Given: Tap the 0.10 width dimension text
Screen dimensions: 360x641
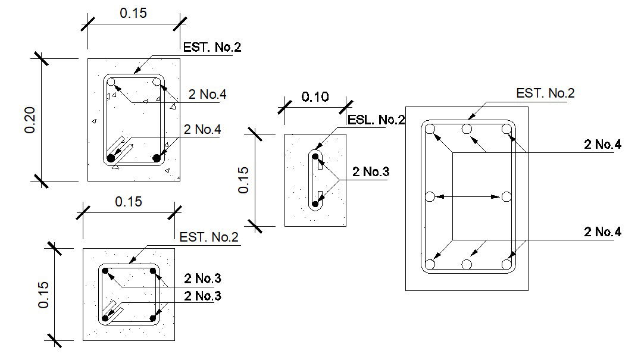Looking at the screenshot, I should pos(315,97).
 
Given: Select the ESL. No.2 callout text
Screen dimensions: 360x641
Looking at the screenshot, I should pos(376,120).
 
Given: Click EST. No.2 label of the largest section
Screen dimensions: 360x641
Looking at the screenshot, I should pos(545,93).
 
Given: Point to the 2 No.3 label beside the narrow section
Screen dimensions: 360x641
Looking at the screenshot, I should pos(370,172).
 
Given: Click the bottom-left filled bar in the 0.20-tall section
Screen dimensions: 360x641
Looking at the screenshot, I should pos(111,158).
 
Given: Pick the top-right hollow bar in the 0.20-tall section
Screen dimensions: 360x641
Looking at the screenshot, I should pos(157,82).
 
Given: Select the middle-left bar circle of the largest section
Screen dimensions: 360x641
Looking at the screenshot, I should pos(430,196).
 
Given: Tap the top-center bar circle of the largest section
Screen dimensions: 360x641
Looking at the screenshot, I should pos(467,129).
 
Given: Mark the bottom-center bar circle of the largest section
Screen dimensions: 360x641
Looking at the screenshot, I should pos(467,264).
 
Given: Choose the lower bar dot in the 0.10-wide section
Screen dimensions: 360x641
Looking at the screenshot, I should pos(315,204).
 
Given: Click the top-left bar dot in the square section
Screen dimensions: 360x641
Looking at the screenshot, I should pos(105,271).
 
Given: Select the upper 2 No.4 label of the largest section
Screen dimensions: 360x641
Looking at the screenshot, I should pos(602,144).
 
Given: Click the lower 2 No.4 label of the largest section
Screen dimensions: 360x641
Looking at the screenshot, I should pos(602,232).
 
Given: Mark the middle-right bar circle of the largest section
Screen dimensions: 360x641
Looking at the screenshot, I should pos(506,196).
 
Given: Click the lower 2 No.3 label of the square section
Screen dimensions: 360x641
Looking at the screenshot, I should pos(203,296).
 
